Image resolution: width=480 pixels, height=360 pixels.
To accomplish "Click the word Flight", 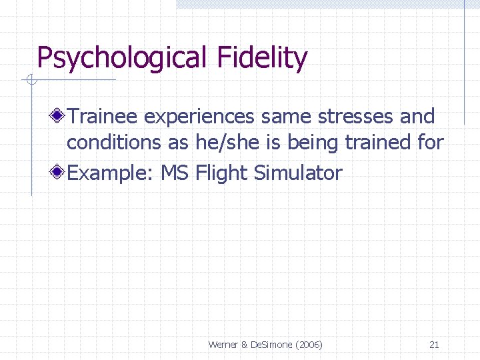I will point(222,173).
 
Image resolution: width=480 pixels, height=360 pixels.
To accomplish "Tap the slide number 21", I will point(434,345).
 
